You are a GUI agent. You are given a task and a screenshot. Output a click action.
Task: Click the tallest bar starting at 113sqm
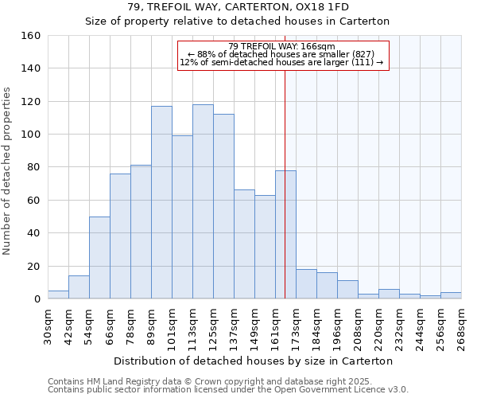pyautogui.click(x=203, y=201)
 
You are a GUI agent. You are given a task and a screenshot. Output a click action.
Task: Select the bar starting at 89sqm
pyautogui.click(x=161, y=202)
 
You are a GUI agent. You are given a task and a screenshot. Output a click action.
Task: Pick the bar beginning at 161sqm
pyautogui.click(x=285, y=234)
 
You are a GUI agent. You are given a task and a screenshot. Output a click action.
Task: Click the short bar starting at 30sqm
pyautogui.click(x=58, y=295)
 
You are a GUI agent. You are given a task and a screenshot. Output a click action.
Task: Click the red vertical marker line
pyautogui.click(x=285, y=183)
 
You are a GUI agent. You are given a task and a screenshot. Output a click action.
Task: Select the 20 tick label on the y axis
pyautogui.click(x=33, y=266)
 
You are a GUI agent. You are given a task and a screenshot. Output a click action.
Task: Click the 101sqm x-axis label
pyautogui.click(x=172, y=325)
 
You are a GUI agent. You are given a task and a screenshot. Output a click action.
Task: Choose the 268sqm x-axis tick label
pyautogui.click(x=461, y=325)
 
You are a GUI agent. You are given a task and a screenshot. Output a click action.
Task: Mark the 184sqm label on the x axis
pyautogui.click(x=316, y=325)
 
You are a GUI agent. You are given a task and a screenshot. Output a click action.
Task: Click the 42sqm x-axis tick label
pyautogui.click(x=68, y=325)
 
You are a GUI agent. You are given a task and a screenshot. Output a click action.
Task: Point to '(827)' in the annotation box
pyautogui.click(x=369, y=54)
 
